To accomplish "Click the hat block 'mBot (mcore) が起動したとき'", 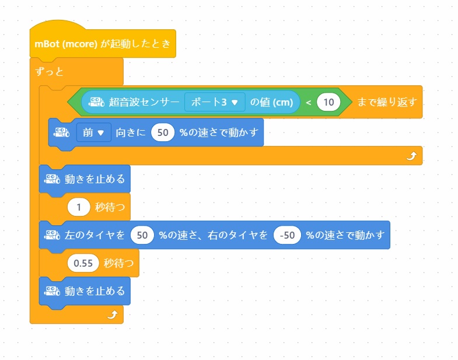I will (102, 44).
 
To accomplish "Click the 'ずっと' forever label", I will (49, 72).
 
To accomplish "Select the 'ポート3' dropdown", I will (215, 102).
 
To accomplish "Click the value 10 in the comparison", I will (328, 102).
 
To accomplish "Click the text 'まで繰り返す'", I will (387, 102).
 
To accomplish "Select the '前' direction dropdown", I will (93, 132).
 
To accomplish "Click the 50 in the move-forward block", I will (163, 132).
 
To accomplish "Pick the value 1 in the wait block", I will (78, 206).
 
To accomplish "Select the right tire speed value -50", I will (286, 235).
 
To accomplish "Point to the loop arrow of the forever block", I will (112, 315).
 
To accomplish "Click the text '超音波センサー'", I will (144, 102).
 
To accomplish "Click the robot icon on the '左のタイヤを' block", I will (53, 235).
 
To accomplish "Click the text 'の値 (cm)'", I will (271, 102).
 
